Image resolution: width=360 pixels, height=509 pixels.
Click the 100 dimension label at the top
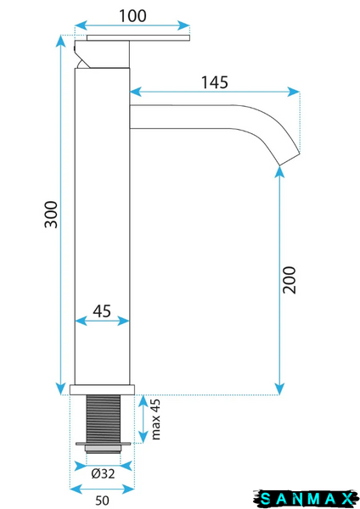(x=132, y=16)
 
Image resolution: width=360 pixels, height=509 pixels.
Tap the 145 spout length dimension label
(x=215, y=82)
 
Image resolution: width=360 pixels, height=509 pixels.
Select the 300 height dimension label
(x=51, y=215)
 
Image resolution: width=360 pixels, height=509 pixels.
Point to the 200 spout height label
(x=290, y=280)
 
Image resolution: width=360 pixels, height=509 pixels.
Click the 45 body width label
(x=102, y=311)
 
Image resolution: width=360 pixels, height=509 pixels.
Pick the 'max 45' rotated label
(x=155, y=419)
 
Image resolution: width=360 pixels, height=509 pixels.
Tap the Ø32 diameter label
(x=103, y=474)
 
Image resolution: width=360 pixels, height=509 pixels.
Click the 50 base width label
(x=102, y=501)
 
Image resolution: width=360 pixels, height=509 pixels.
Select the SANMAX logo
(x=307, y=498)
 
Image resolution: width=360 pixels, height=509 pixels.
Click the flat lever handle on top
(x=138, y=38)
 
